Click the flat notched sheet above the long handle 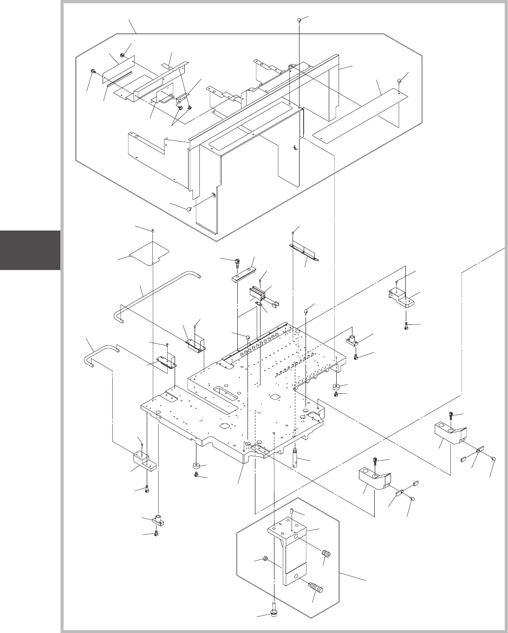[149, 253]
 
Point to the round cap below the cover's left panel [189, 209]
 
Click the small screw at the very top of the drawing [300, 20]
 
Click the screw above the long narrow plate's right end [399, 81]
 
